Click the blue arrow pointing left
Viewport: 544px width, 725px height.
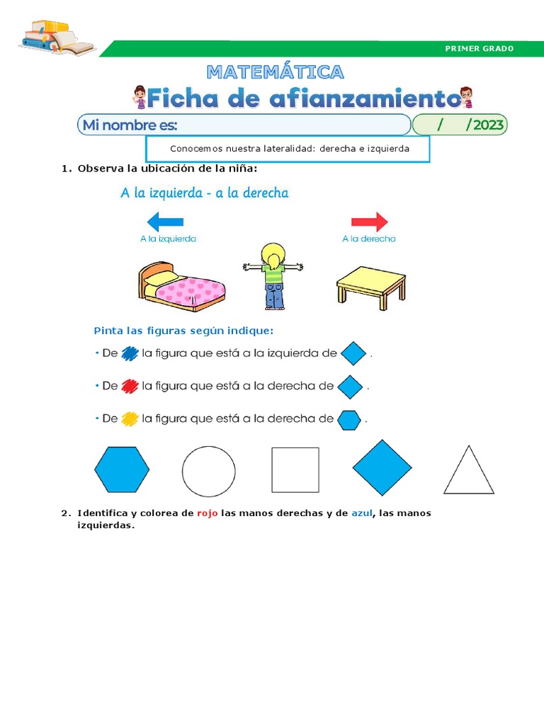click(x=164, y=222)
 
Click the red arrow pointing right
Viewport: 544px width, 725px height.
click(x=370, y=222)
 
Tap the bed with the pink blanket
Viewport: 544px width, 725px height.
click(x=181, y=287)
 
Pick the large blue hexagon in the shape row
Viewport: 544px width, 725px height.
click(x=122, y=469)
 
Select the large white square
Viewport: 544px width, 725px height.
click(x=295, y=470)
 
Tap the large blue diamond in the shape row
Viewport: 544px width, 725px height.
click(x=382, y=468)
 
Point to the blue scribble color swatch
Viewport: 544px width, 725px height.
click(x=130, y=353)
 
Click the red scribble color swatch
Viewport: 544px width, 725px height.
click(x=130, y=387)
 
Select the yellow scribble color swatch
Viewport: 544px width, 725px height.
click(x=130, y=419)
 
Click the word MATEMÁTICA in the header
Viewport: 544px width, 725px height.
click(x=276, y=72)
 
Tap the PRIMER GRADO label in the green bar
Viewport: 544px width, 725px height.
click(x=479, y=49)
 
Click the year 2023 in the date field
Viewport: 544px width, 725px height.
click(x=488, y=125)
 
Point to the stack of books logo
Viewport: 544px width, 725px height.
click(x=57, y=38)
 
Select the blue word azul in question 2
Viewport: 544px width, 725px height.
click(x=361, y=513)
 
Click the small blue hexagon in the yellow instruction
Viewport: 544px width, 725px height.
click(x=349, y=419)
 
